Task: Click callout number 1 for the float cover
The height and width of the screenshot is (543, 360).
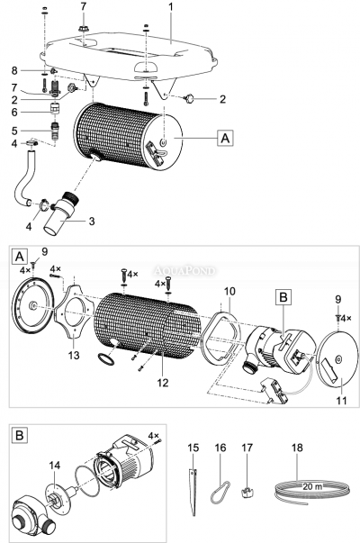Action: click(x=170, y=7)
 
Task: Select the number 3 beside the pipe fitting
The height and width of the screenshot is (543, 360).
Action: click(x=92, y=221)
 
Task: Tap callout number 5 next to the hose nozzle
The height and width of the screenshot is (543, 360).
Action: click(x=14, y=131)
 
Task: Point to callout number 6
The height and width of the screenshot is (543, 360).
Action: click(x=14, y=113)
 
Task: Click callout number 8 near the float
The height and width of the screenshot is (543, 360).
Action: click(x=14, y=70)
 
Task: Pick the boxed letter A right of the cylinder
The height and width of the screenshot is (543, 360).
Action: click(x=225, y=139)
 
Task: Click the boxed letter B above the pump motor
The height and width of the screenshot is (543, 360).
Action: click(x=283, y=297)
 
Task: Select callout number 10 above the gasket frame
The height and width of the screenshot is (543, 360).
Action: click(x=229, y=291)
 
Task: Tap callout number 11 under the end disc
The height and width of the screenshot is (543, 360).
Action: click(x=341, y=401)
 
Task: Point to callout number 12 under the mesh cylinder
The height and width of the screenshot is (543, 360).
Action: click(x=163, y=383)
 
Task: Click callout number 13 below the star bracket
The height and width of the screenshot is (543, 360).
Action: click(x=74, y=356)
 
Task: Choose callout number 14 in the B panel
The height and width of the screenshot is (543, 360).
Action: click(x=55, y=466)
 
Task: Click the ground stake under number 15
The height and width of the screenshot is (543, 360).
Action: click(x=193, y=492)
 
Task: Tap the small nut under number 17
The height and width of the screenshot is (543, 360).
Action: click(x=247, y=492)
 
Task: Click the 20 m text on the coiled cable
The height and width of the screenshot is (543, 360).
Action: click(x=312, y=486)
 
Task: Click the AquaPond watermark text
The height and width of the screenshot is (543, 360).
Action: click(x=184, y=270)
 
